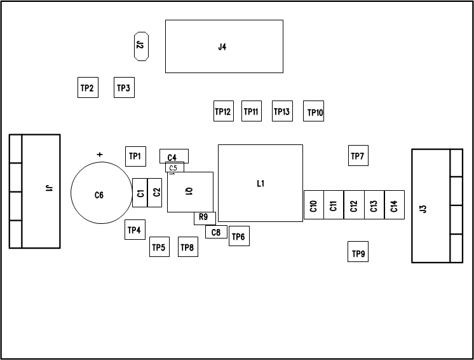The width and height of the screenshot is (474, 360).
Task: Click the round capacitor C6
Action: pyautogui.click(x=99, y=195)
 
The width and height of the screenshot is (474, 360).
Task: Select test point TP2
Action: pyautogui.click(x=87, y=88)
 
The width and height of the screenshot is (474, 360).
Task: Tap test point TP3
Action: pyautogui.click(x=124, y=88)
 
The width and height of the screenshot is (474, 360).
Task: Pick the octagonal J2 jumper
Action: pyautogui.click(x=141, y=46)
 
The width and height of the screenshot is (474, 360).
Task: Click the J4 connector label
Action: pyautogui.click(x=222, y=46)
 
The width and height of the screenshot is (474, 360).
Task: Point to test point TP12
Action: pyautogui.click(x=223, y=111)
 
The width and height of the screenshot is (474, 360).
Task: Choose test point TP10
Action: pyautogui.click(x=315, y=112)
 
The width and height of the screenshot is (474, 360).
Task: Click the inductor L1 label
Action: pyautogui.click(x=261, y=183)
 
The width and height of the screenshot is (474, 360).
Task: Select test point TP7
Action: pyautogui.click(x=358, y=156)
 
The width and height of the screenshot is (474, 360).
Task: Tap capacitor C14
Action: pyautogui.click(x=394, y=205)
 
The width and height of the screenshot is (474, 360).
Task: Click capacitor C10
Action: pyautogui.click(x=313, y=205)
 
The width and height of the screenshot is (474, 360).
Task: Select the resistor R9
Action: pyautogui.click(x=204, y=218)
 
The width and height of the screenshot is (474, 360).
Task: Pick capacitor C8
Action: pyautogui.click(x=216, y=232)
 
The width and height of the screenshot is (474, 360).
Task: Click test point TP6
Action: pyautogui.click(x=238, y=237)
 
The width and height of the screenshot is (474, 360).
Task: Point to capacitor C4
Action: pyautogui.click(x=173, y=156)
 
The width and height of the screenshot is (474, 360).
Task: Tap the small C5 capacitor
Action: pyautogui.click(x=174, y=168)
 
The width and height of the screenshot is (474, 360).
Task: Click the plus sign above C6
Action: pyautogui.click(x=99, y=155)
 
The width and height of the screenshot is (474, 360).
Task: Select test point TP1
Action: pyautogui.click(x=135, y=156)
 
